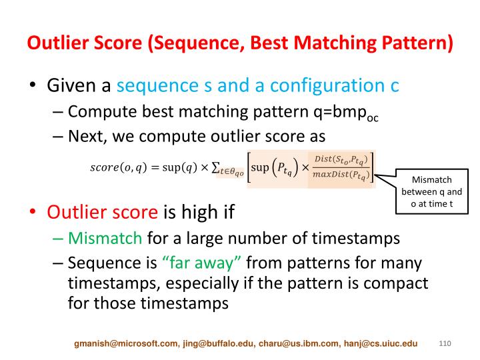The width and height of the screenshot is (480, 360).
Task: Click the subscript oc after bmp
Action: coord(373,118)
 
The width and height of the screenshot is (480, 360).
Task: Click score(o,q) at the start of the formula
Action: coord(119,167)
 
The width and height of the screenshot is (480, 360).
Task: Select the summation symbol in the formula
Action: coord(215,167)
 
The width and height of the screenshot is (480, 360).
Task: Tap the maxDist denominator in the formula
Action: coord(341,175)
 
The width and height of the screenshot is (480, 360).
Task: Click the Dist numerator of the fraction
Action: coord(341,160)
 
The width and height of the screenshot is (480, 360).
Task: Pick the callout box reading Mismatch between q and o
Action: coord(431,191)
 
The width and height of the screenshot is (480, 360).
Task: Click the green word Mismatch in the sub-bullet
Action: coord(105,239)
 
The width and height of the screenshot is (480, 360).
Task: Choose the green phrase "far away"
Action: coord(202,263)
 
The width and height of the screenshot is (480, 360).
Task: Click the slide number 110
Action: coord(445,343)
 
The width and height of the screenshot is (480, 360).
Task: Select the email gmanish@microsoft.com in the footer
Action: coord(126,343)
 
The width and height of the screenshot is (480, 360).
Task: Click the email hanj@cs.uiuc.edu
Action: coord(381,343)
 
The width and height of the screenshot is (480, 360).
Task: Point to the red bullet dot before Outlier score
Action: coord(33,212)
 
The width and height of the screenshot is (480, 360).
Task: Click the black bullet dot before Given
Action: coord(33,85)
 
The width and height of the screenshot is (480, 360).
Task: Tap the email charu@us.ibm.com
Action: coord(299,343)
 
